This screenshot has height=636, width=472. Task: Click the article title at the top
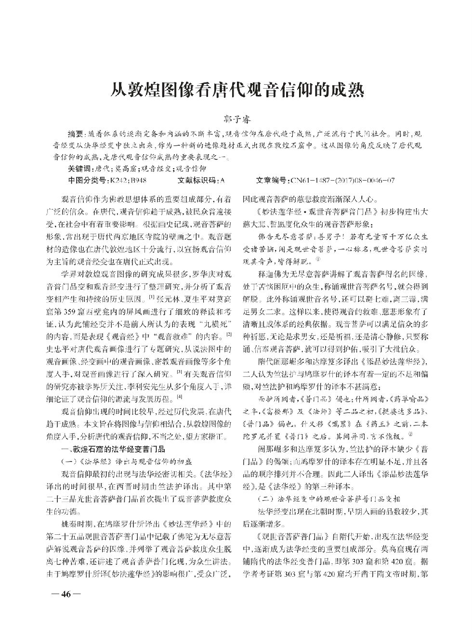(236, 89)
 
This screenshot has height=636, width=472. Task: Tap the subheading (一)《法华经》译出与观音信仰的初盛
(118, 461)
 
